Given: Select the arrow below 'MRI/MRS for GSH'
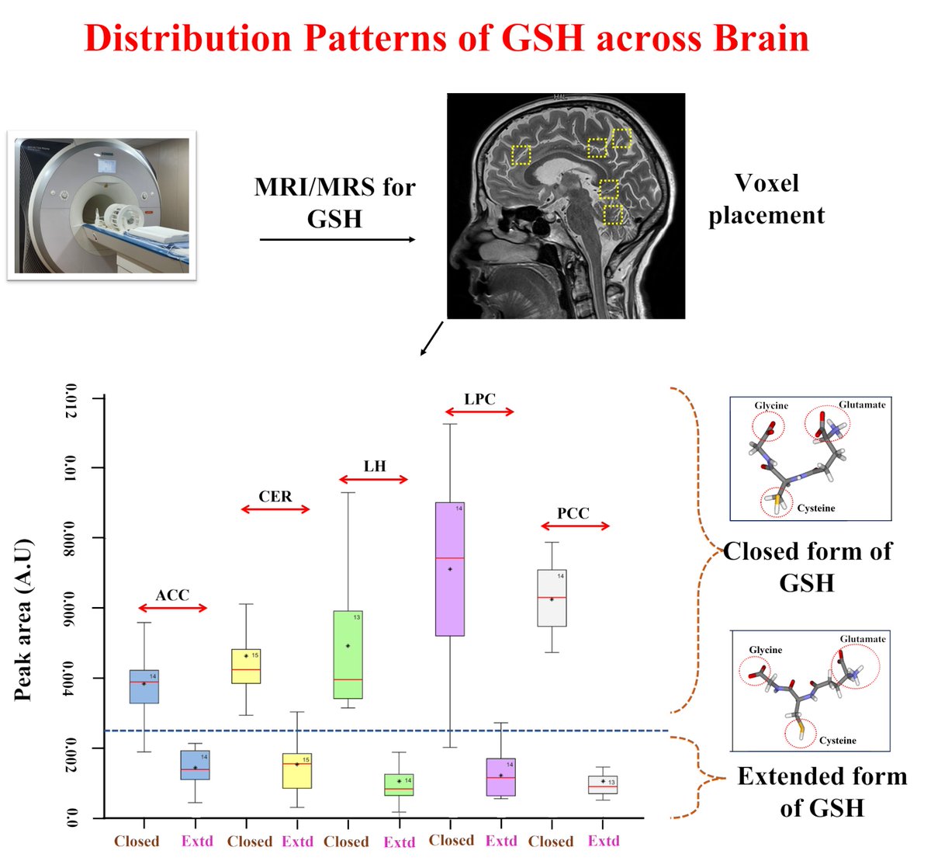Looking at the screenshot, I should pyautogui.click(x=337, y=239).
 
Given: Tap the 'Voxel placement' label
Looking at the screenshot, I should pyautogui.click(x=766, y=199).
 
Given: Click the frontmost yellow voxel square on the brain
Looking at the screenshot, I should pyautogui.click(x=521, y=155).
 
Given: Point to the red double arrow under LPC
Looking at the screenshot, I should pyautogui.click(x=479, y=411).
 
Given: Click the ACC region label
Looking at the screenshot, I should pyautogui.click(x=171, y=595).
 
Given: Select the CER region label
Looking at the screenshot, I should pyautogui.click(x=275, y=496).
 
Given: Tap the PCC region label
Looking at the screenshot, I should pyautogui.click(x=573, y=513).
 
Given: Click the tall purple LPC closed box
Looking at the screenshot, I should pyautogui.click(x=449, y=569).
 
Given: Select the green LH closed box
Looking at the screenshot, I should pyautogui.click(x=348, y=654).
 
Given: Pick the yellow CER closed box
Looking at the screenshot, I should pyautogui.click(x=246, y=666).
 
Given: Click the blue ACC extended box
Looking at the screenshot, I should pyautogui.click(x=195, y=765).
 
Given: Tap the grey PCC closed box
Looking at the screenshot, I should pyautogui.click(x=552, y=598).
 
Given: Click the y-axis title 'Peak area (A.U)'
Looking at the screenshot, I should pyautogui.click(x=23, y=619).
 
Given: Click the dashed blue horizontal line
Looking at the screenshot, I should pyautogui.click(x=388, y=731).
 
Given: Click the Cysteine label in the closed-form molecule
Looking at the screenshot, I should pyautogui.click(x=816, y=508).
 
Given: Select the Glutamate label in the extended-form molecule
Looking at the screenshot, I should pyautogui.click(x=862, y=639).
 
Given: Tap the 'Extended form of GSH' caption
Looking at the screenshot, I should pyautogui.click(x=822, y=791).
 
